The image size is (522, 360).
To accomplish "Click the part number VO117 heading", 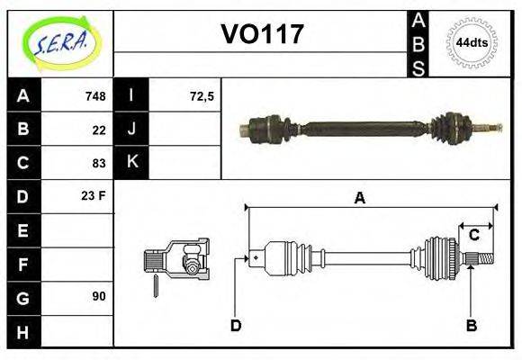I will (x=262, y=34).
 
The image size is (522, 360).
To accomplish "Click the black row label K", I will (x=131, y=163).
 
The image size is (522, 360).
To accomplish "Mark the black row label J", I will (x=131, y=130).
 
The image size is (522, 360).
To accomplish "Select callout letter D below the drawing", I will (x=236, y=325).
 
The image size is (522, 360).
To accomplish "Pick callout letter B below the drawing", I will (x=471, y=325).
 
